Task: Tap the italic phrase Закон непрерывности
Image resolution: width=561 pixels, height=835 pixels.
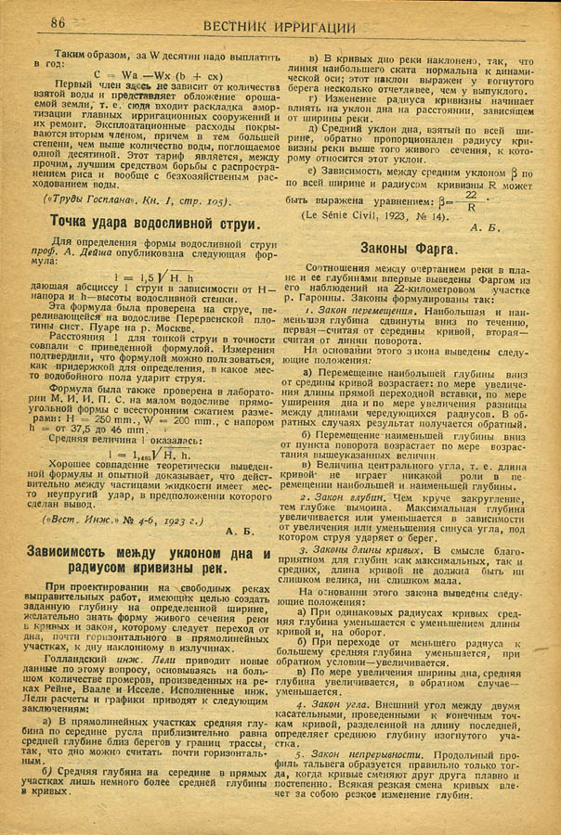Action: point(347,757)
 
